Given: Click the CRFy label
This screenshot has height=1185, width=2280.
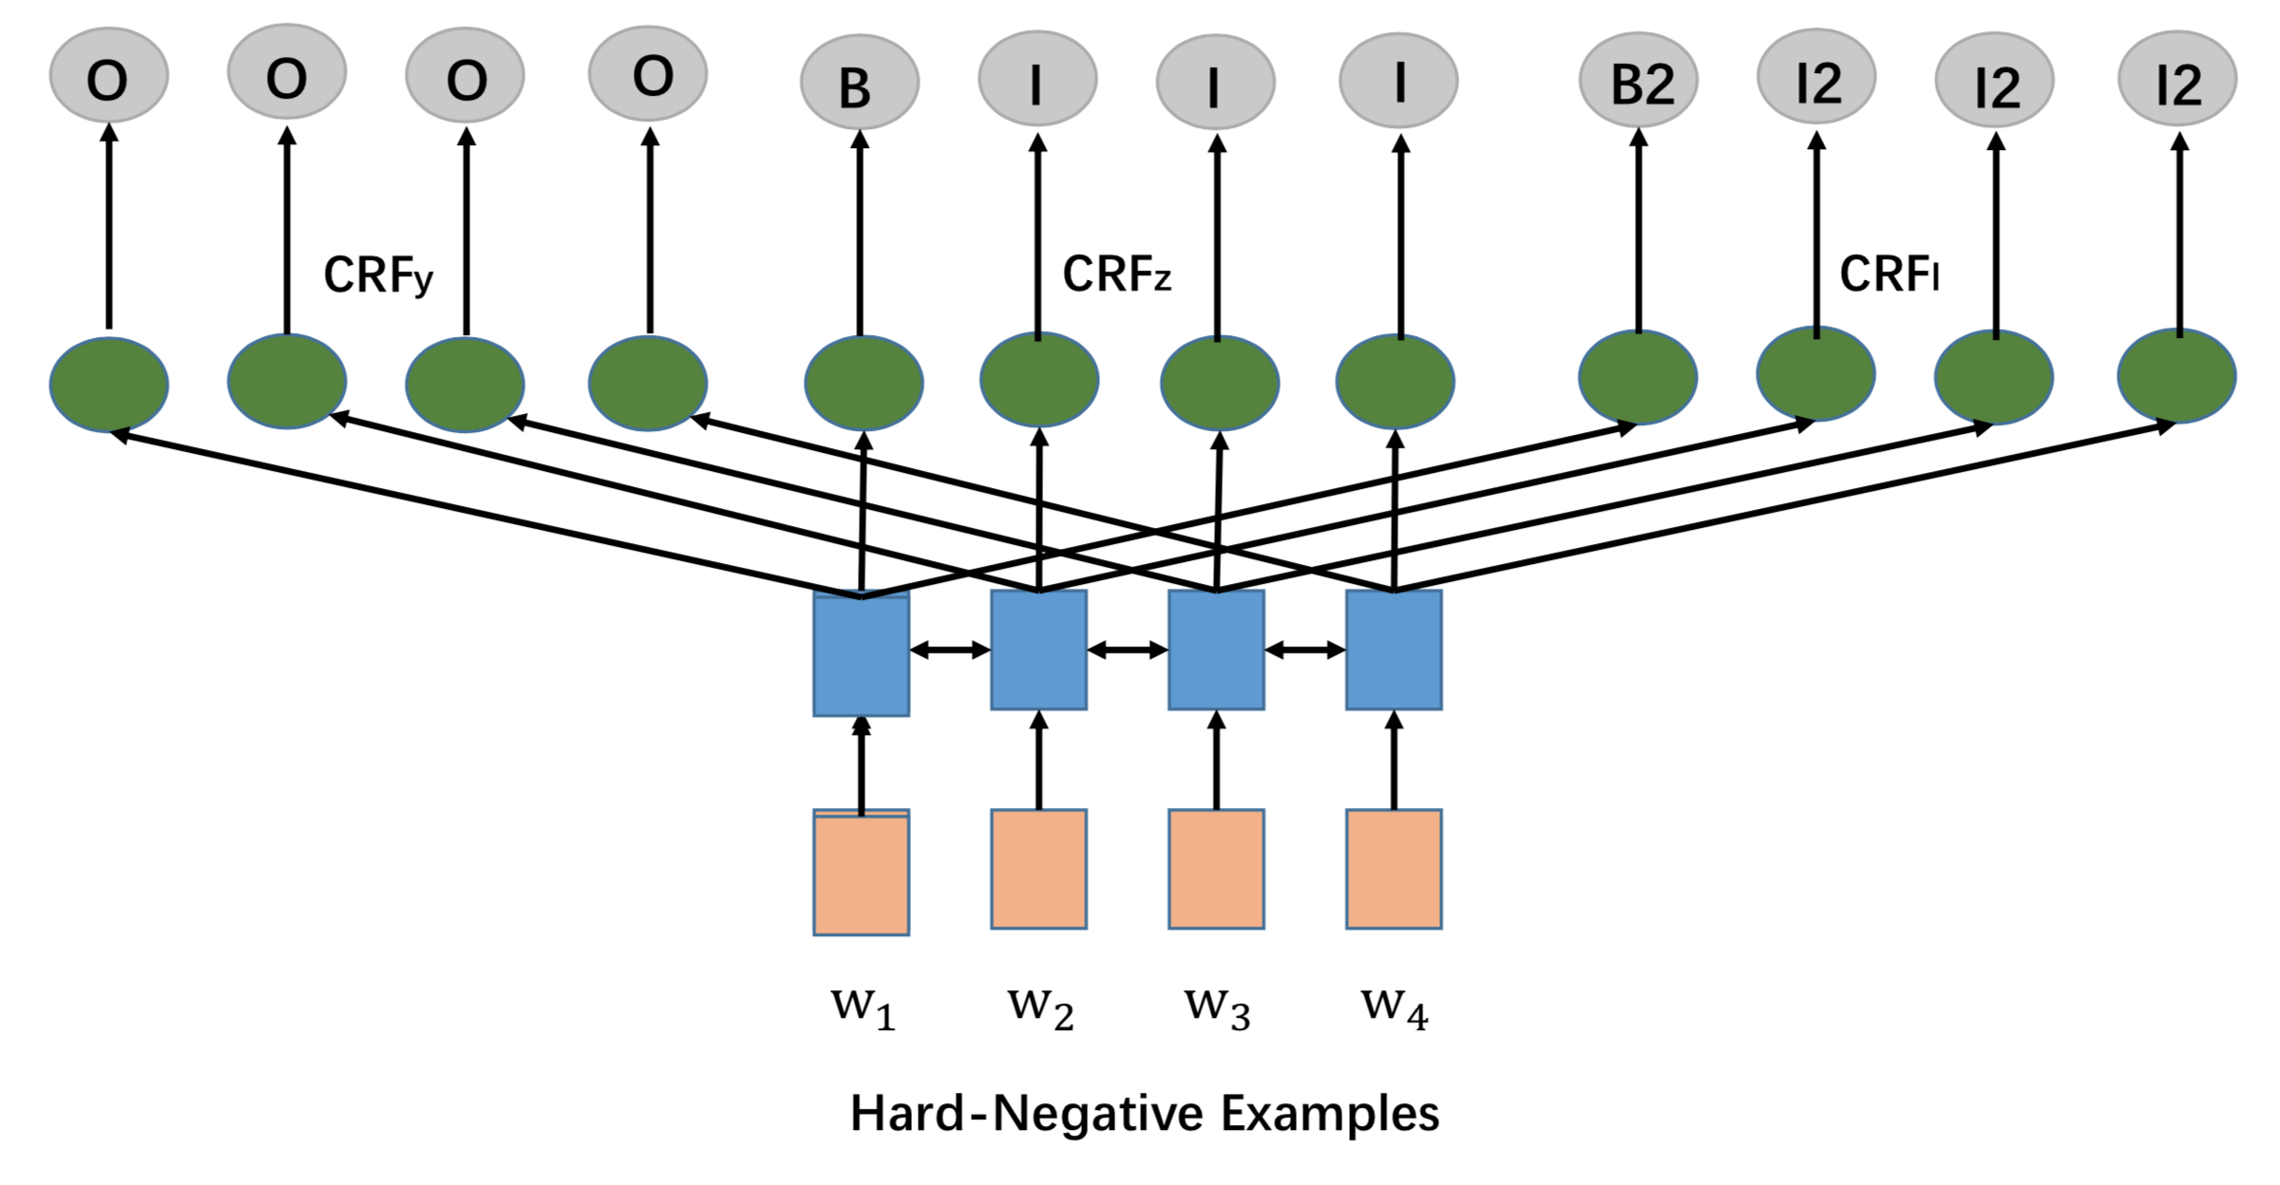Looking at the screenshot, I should click(x=378, y=275).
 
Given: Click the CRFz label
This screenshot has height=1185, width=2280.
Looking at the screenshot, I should click(x=1116, y=274).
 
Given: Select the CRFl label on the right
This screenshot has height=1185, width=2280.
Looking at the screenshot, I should click(x=1889, y=274).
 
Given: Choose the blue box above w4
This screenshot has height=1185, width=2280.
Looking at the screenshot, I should click(x=1394, y=649).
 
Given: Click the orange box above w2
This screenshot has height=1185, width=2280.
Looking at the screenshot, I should click(x=1038, y=869).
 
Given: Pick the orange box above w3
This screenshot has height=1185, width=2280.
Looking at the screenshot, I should click(x=1216, y=869).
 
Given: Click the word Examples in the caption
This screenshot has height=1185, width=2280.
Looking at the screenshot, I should click(x=1330, y=1114).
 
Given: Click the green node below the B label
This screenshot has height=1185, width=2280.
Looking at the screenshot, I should click(x=864, y=383).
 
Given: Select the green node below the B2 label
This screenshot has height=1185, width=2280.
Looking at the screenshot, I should click(x=1638, y=377).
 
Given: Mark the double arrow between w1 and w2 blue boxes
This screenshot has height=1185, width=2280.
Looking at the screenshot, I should click(x=950, y=650).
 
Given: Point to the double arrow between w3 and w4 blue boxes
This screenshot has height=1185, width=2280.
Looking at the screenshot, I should click(x=1305, y=650).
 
